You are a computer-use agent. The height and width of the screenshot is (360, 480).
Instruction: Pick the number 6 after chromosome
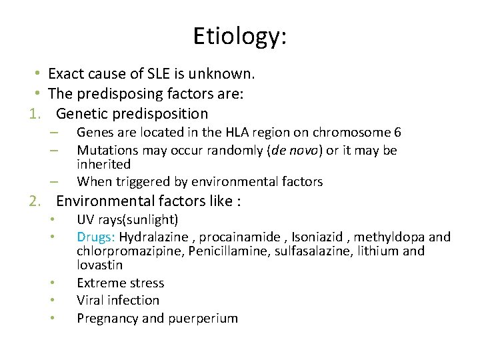click(x=397, y=133)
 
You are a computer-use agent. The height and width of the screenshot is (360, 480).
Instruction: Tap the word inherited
click(x=103, y=164)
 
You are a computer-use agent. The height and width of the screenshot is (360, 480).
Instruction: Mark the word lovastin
click(x=100, y=265)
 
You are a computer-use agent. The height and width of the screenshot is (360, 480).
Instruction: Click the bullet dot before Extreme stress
click(x=53, y=283)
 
